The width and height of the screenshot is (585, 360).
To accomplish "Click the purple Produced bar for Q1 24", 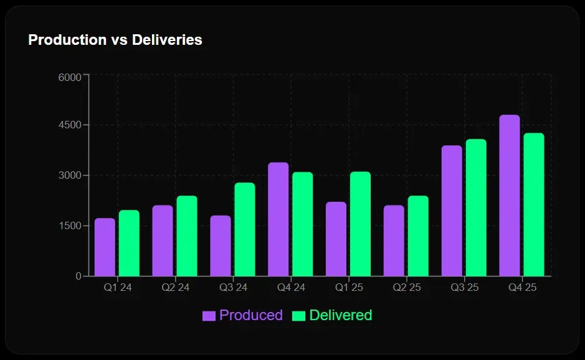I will (x=105, y=247).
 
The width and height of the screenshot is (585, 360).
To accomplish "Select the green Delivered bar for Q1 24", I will (x=129, y=243).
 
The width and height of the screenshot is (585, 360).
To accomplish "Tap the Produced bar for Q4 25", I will (x=510, y=196).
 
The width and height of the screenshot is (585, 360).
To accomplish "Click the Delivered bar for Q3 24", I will (x=245, y=229).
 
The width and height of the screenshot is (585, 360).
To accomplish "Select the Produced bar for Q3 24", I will (x=221, y=246).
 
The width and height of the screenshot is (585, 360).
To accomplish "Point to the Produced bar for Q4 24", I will (x=278, y=219).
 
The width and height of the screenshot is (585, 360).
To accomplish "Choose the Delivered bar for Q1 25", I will (x=360, y=224).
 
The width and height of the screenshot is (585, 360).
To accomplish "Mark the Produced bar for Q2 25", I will (x=394, y=240).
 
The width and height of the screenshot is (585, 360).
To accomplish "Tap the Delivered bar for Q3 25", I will (x=476, y=207).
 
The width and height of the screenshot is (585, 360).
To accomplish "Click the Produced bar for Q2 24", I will (x=163, y=240).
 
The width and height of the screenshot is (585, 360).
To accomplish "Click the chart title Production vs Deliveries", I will (x=115, y=40).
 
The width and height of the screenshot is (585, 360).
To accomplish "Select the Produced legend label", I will (x=251, y=315).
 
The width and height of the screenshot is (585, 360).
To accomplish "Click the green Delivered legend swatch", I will (x=299, y=316).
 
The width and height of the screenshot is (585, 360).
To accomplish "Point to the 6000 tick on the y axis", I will (x=70, y=77).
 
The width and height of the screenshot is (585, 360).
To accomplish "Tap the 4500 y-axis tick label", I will (x=70, y=125).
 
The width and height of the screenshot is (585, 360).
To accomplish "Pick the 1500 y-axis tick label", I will (x=70, y=225).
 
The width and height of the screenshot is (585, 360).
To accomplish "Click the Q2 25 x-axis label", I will (x=406, y=288).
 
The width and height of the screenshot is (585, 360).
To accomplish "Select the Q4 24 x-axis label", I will (x=291, y=288).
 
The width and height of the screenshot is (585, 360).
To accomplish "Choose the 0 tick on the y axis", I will (x=78, y=276).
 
